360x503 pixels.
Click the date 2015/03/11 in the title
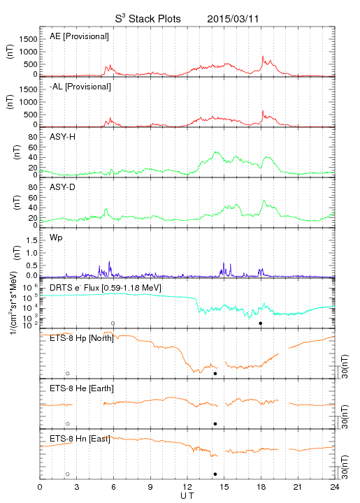point(233,19)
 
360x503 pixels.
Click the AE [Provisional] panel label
point(79,36)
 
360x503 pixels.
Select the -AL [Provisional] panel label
point(80,87)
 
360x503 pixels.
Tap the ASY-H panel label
point(62,137)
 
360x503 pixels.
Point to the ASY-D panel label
point(62,187)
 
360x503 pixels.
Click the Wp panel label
point(56,238)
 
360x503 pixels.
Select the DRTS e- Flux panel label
point(106,288)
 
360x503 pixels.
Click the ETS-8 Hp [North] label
point(82,338)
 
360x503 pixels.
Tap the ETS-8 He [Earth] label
point(82,388)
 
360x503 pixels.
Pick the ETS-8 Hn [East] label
point(80,439)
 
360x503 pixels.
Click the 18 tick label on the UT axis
point(261,487)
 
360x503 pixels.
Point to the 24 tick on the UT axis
point(335,487)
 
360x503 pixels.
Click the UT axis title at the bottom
point(187,496)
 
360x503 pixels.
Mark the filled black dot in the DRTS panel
point(261,323)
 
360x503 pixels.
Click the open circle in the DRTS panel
point(113,323)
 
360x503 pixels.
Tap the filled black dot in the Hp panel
point(215,373)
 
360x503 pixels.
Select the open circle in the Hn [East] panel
point(68,474)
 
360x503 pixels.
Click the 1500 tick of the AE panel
point(28,39)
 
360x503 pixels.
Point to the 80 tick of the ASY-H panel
point(33,138)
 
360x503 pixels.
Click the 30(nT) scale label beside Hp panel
point(345,367)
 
